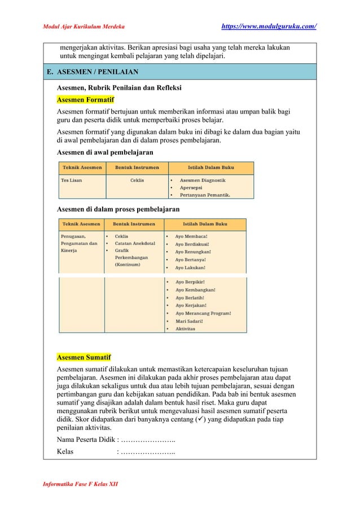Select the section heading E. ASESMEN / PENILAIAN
tap(94, 72)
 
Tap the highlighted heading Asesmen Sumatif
tap(84, 357)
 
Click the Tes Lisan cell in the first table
tap(72, 181)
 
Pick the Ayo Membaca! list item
tap(191, 236)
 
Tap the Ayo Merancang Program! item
tap(203, 313)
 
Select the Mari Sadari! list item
tap(192, 321)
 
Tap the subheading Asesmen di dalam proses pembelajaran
tap(118, 209)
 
